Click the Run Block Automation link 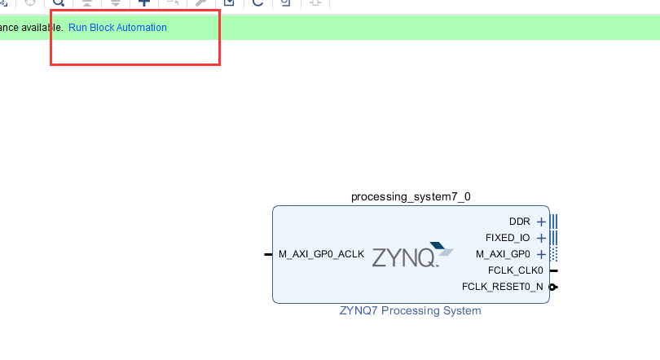[x=117, y=28]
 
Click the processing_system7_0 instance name [x=411, y=196]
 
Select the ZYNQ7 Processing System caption [x=411, y=310]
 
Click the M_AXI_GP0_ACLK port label [x=321, y=254]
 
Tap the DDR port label [x=519, y=222]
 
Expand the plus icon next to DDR [x=541, y=222]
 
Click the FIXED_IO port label [x=508, y=238]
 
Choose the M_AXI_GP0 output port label [x=503, y=254]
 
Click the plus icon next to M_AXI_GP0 [x=541, y=254]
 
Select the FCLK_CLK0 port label [x=515, y=270]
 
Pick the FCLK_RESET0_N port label [x=502, y=287]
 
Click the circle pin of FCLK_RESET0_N [x=554, y=287]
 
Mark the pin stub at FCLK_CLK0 [x=554, y=270]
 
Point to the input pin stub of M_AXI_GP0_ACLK [x=268, y=254]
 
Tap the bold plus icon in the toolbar [x=144, y=3]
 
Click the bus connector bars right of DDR [x=554, y=222]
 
